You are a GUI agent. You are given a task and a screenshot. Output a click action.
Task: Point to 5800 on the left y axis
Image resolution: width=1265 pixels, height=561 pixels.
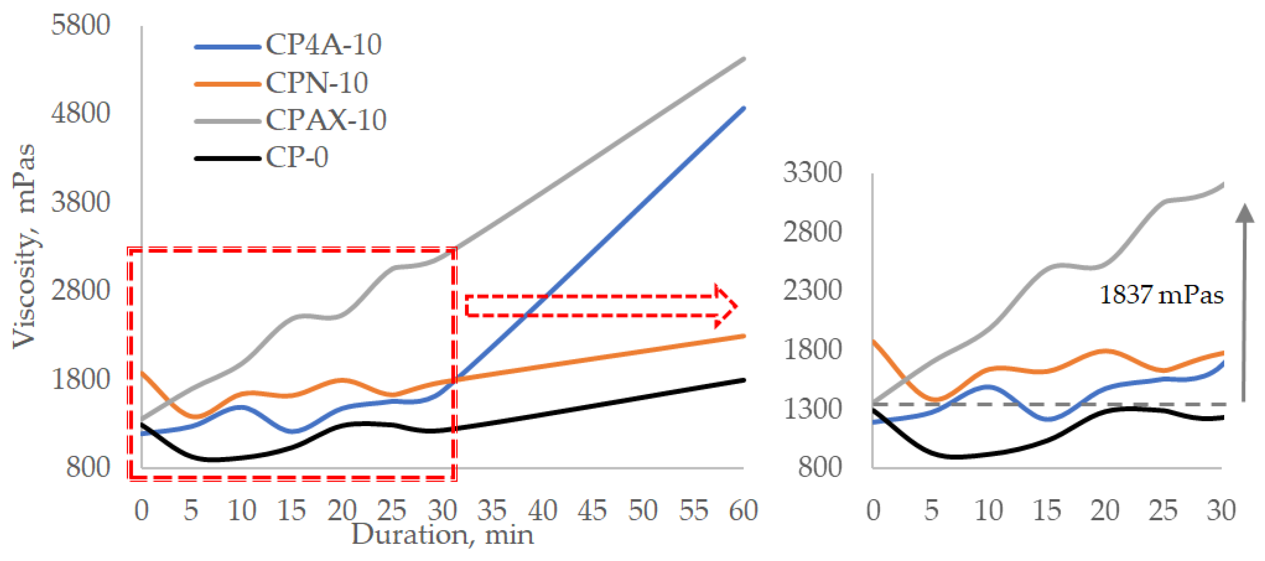point(80,24)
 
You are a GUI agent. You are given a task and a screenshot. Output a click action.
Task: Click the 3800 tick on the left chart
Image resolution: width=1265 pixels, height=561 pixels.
point(80,202)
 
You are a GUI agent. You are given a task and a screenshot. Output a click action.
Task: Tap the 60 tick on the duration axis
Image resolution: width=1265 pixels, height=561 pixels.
point(743,510)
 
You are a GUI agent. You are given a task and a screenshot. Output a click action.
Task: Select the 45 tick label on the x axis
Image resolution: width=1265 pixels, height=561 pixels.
point(592,510)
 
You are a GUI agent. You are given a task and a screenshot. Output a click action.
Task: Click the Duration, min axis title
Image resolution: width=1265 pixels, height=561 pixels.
point(442,534)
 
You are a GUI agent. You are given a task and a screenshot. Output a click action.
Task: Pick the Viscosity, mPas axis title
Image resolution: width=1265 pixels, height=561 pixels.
point(24,245)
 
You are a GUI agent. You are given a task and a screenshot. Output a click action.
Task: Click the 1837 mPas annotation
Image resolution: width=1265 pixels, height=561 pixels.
point(1161,295)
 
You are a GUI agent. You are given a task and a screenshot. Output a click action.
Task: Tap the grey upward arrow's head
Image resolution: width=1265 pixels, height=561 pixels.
point(1245,214)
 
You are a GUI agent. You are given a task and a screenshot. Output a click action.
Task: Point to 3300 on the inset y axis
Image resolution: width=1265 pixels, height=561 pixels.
point(812,172)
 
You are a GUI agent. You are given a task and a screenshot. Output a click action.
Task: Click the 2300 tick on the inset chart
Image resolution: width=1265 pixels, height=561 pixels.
point(812,290)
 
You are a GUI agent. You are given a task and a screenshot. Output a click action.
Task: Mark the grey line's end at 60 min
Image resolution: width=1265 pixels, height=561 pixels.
point(744,59)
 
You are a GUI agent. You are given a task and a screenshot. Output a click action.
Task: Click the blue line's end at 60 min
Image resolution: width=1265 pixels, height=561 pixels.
point(744,108)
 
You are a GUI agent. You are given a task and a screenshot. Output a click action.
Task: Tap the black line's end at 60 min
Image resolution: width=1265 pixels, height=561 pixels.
point(744,380)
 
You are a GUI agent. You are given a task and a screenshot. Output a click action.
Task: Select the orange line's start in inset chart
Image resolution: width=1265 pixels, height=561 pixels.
point(874,341)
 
